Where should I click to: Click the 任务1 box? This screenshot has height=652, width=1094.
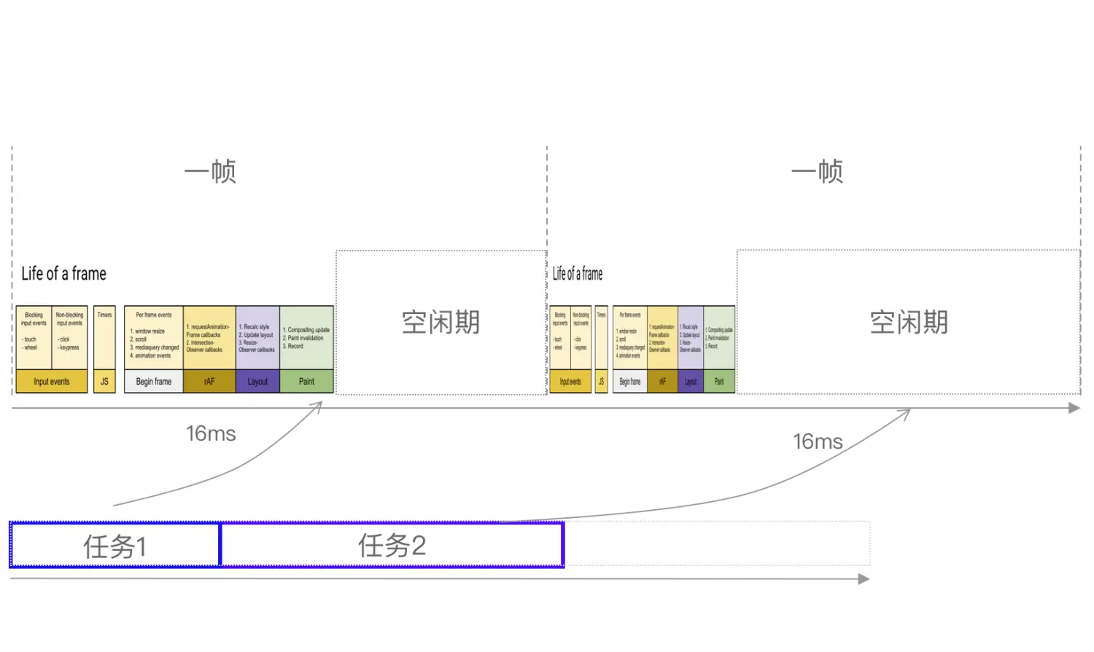tap(115, 545)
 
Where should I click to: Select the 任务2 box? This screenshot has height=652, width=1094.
tap(392, 545)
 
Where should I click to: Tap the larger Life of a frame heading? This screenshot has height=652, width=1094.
tap(64, 274)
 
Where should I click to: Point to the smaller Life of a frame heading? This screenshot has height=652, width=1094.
tap(578, 274)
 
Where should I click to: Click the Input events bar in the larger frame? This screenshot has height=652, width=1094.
tap(52, 381)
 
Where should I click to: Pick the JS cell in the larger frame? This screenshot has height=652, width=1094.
tap(104, 381)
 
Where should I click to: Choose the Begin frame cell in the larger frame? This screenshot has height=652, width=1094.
tap(154, 381)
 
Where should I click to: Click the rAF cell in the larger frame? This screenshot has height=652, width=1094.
tap(209, 381)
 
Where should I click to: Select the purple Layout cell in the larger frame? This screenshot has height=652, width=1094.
tap(257, 381)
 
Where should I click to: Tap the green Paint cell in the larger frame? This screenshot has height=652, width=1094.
tap(306, 381)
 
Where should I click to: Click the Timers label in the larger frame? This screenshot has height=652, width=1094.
tap(104, 315)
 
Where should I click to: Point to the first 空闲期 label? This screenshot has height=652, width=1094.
tap(441, 322)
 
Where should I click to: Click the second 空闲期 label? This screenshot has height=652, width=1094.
tap(909, 322)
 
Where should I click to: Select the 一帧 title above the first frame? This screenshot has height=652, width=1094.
tap(210, 172)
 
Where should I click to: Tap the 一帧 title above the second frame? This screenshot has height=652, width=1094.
tap(817, 172)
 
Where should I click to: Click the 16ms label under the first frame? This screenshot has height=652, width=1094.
tap(211, 433)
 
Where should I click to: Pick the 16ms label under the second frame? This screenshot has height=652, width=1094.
tap(818, 441)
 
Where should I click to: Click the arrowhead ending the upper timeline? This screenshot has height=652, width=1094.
tap(1074, 408)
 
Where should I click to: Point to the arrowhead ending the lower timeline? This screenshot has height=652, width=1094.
tap(864, 579)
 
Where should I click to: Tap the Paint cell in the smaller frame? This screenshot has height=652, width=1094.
tap(719, 381)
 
